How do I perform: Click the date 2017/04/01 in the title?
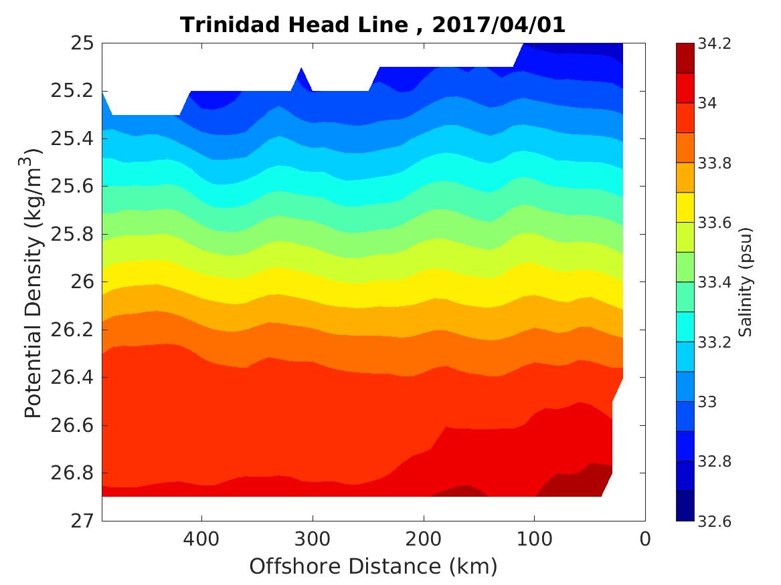point(499,25)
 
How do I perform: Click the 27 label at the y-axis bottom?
point(81,521)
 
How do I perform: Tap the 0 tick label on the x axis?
point(645,538)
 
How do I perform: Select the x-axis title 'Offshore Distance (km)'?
point(373,567)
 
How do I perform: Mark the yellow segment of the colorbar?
point(685,207)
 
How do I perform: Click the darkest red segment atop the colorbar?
point(685,58)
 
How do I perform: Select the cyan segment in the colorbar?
point(685,326)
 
